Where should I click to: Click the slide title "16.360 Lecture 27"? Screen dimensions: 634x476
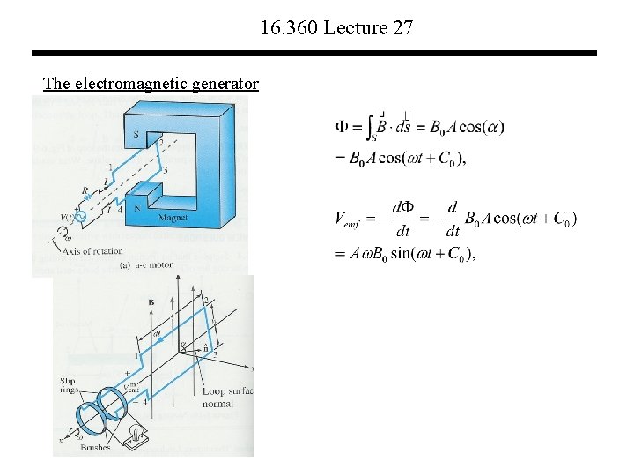coord(336,28)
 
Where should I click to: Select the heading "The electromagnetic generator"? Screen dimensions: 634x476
coord(151,84)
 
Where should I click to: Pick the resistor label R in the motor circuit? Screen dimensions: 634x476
coord(85,189)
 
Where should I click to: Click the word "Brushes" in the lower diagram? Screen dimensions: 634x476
coord(95,447)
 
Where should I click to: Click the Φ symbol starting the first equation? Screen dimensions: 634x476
coord(346,127)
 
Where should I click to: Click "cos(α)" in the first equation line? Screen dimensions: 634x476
coord(479,127)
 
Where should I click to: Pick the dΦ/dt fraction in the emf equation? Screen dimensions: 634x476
coord(402,219)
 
